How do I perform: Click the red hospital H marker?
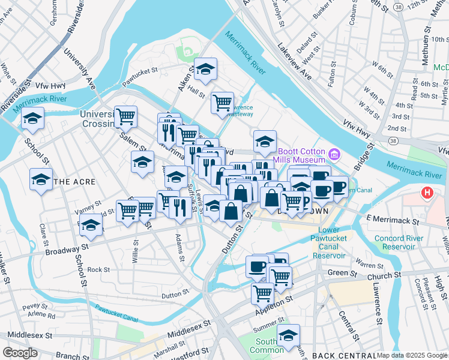[427, 193]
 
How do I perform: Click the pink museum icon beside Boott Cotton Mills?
[335, 155]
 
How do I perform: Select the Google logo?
[20, 353]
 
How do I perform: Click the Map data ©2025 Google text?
[412, 355]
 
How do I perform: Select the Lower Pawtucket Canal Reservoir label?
[329, 242]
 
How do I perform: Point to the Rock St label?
[98, 270]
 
